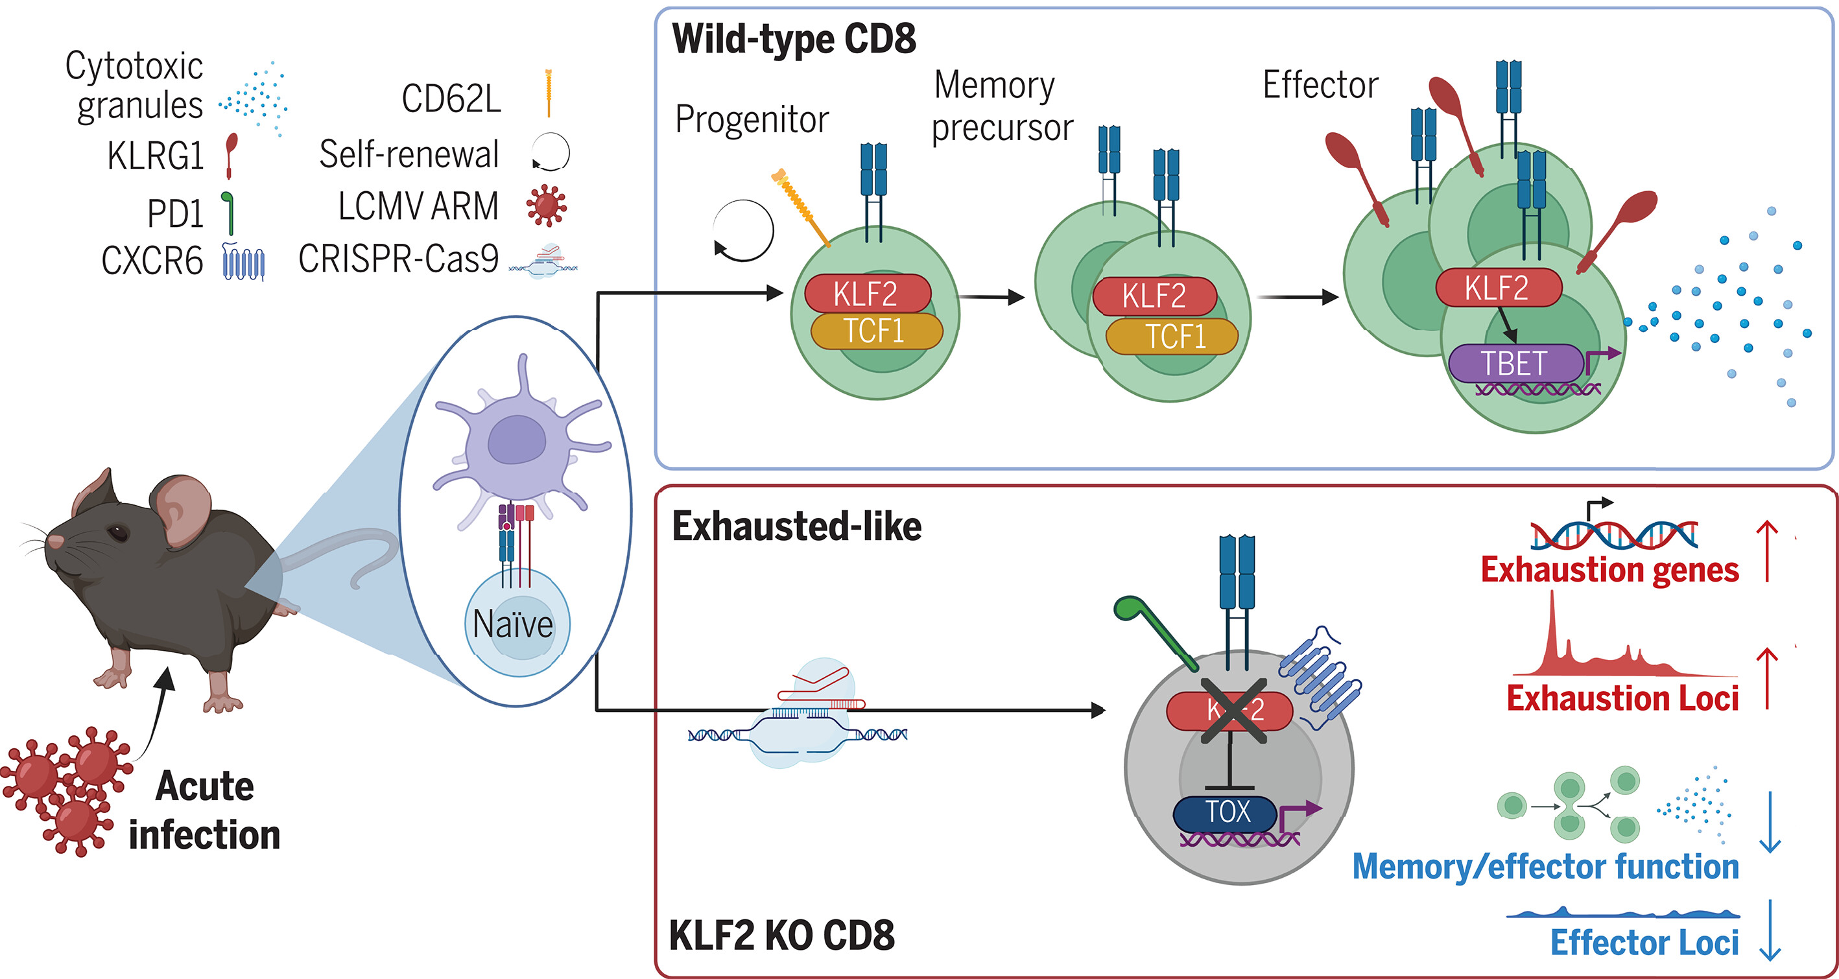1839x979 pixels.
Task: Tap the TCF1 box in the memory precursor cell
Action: pos(1172,336)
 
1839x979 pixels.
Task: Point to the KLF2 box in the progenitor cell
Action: pos(867,293)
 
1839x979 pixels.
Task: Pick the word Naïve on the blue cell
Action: pos(512,625)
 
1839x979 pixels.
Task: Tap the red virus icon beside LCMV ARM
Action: pos(546,206)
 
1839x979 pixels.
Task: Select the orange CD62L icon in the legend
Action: pos(549,93)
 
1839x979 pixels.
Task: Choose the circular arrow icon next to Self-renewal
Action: pos(551,153)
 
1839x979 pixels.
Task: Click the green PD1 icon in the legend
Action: pos(228,213)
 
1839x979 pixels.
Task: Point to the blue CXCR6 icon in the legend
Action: pos(243,262)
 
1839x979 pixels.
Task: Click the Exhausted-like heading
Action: pos(797,526)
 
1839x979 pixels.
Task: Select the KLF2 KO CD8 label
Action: pos(782,936)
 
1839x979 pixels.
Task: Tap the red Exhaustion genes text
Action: pos(1609,570)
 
